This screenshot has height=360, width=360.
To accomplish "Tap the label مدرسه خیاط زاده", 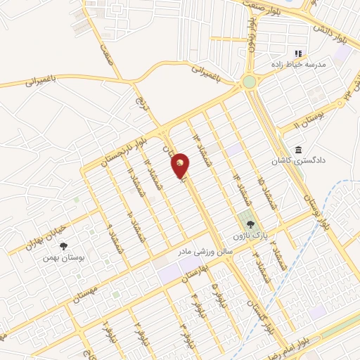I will [300, 64].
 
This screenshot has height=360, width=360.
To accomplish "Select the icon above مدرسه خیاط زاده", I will [298, 53].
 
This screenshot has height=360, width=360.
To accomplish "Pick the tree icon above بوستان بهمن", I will [63, 247].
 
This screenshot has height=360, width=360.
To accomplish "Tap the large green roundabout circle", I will [249, 82].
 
